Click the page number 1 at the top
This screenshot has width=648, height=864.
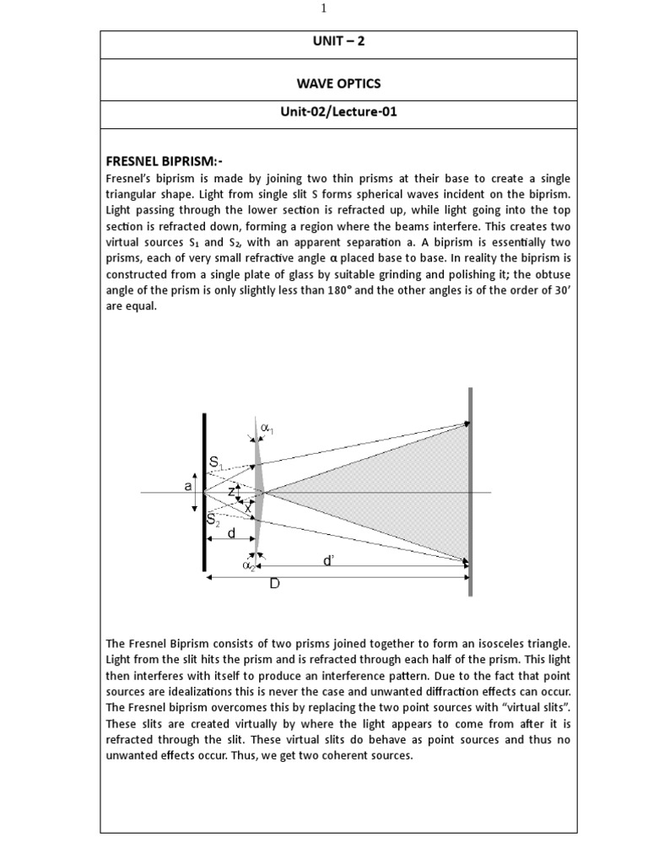323,8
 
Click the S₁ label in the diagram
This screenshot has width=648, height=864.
218,462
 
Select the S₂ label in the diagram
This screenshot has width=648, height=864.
215,524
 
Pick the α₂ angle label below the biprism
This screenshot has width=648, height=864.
250,567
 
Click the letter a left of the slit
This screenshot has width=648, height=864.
188,486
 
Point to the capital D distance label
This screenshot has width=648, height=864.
274,584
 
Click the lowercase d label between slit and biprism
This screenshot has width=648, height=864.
230,532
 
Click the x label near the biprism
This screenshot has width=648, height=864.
247,507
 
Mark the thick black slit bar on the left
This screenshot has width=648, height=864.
204,492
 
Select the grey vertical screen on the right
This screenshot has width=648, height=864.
470,492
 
